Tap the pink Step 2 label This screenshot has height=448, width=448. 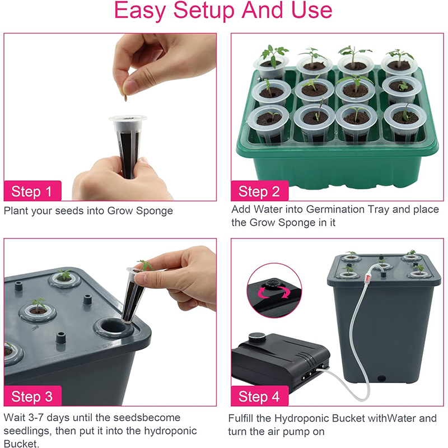pos(259,192)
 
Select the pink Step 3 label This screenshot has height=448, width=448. pos(32,396)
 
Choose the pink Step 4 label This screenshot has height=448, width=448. pos(259,396)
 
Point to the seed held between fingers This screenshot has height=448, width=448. pos(126,99)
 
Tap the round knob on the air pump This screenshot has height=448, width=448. pos(258,338)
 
